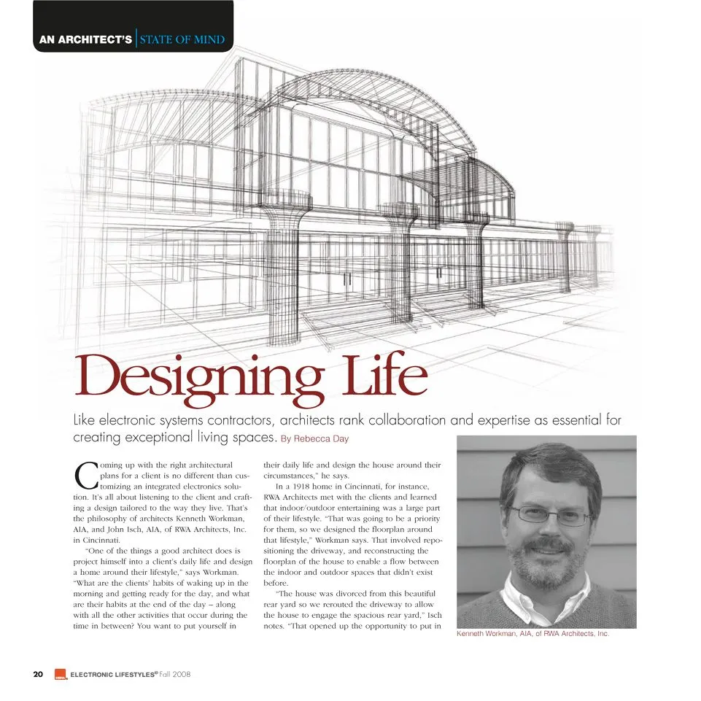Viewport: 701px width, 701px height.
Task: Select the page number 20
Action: [38, 674]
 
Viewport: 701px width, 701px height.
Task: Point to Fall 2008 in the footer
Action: [174, 674]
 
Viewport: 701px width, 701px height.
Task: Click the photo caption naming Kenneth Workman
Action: [532, 634]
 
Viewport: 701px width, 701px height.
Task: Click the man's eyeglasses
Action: [550, 516]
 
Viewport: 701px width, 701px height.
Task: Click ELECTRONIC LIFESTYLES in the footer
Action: [113, 674]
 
